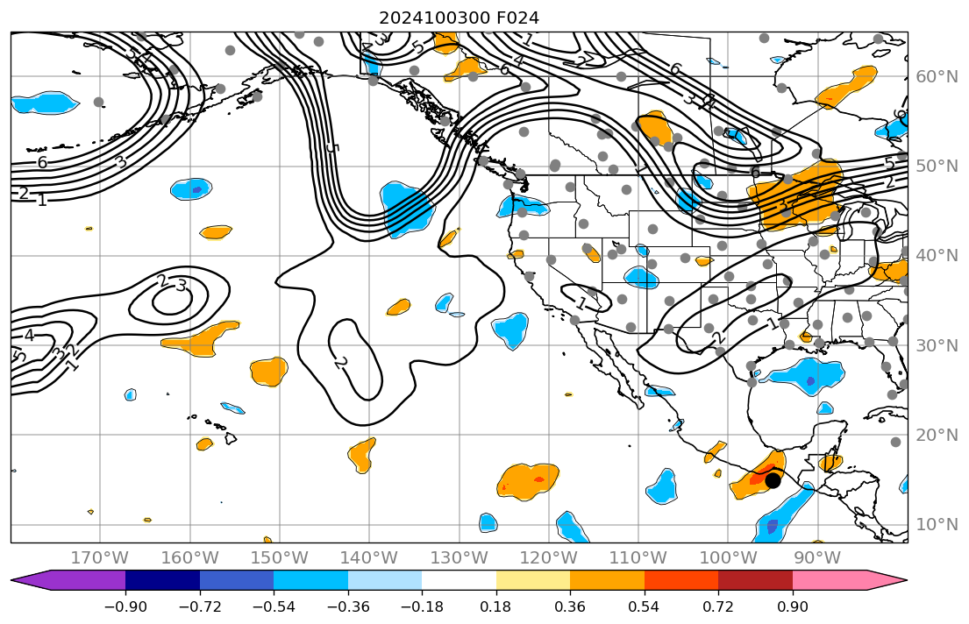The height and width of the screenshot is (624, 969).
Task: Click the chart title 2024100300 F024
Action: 459,18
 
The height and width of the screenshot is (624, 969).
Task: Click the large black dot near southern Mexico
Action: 773,480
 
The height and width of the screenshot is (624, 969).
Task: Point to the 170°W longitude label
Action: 99,558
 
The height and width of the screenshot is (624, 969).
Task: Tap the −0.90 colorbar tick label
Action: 125,607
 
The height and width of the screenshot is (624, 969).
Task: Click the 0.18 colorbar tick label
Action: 496,607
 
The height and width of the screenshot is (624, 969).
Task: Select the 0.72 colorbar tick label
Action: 718,607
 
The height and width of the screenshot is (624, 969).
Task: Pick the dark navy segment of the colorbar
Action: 162,580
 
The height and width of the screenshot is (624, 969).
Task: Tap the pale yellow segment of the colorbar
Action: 533,580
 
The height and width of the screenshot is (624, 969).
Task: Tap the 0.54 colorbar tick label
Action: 645,607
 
